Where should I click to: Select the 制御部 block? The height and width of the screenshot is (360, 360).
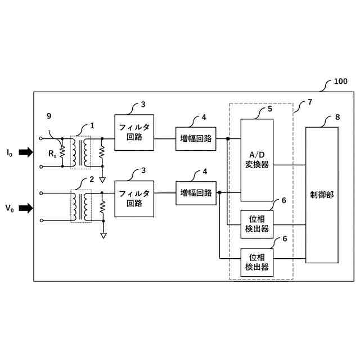pyautogui.click(x=322, y=195)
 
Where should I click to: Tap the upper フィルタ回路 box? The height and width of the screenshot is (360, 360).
pyautogui.click(x=134, y=133)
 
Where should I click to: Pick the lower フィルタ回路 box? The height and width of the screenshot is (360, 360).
pyautogui.click(x=134, y=199)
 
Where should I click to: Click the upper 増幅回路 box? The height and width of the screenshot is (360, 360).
pyautogui.click(x=196, y=138)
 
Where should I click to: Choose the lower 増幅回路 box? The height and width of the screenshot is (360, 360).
pyautogui.click(x=196, y=192)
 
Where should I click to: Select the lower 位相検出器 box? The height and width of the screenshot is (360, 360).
pyautogui.click(x=257, y=262)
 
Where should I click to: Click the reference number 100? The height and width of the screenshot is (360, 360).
pyautogui.click(x=340, y=81)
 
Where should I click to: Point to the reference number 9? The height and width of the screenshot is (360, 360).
pyautogui.click(x=49, y=116)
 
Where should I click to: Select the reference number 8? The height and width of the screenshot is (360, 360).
pyautogui.click(x=337, y=117)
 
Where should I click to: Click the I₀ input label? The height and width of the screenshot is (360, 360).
pyautogui.click(x=9, y=152)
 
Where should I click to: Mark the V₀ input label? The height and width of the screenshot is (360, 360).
pyautogui.click(x=9, y=209)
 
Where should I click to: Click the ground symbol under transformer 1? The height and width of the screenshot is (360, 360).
pyautogui.click(x=102, y=180)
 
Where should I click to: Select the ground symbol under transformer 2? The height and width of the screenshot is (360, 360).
pyautogui.click(x=103, y=235)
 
